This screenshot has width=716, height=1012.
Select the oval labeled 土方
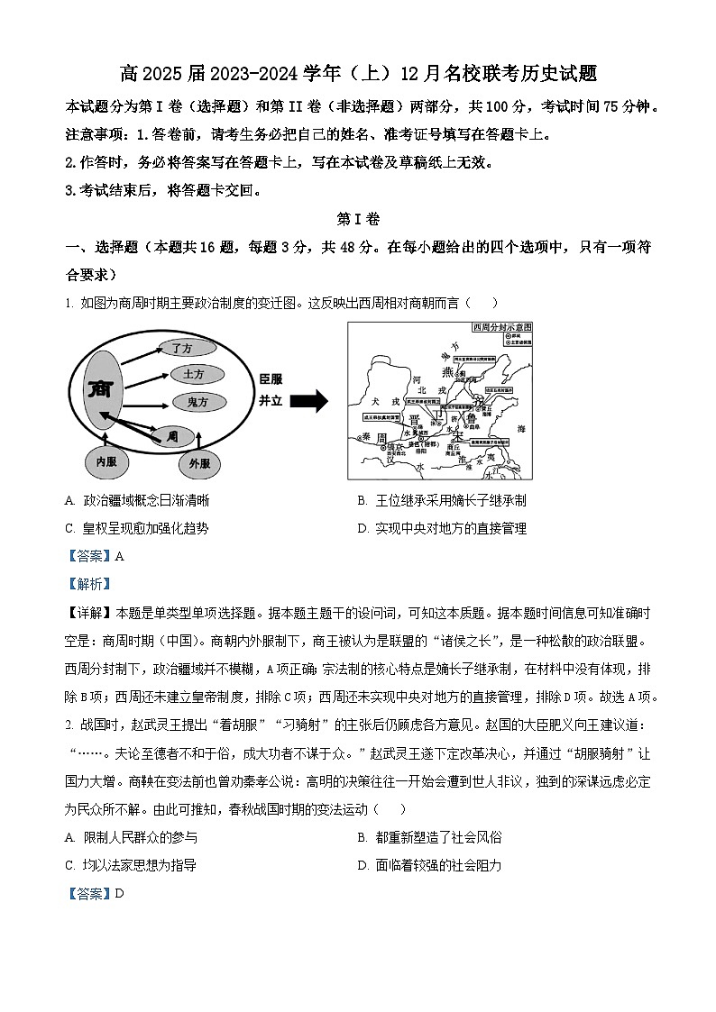click(x=193, y=374)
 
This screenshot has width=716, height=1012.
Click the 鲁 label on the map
click(x=469, y=419)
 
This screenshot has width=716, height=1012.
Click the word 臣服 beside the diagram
click(x=271, y=379)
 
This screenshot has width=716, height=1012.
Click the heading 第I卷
click(x=358, y=219)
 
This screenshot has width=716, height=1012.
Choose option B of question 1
click(x=441, y=500)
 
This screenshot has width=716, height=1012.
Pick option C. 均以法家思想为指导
click(x=131, y=865)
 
